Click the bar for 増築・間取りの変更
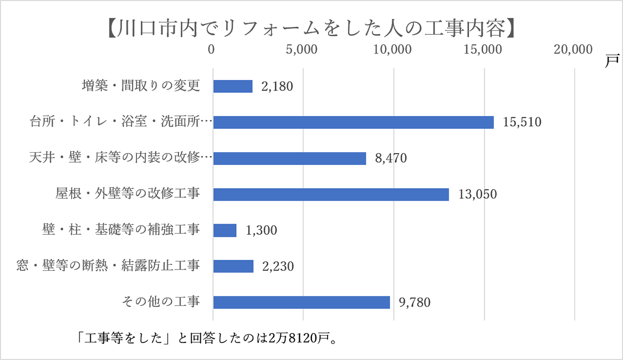coord(233,86)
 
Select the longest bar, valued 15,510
coord(353,122)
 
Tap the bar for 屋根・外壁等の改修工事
coord(331,194)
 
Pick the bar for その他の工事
coord(301,302)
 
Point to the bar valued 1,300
coord(225,230)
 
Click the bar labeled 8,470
coord(290,158)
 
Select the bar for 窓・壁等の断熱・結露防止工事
coord(233,266)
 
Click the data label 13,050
coord(478,194)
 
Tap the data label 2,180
coord(277,86)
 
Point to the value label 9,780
coord(415,302)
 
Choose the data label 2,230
coord(278,266)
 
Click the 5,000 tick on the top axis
coord(302,49)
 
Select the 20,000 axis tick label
coord(573,49)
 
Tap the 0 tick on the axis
coord(212,49)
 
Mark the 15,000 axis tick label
coord(483,49)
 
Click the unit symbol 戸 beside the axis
coord(611,60)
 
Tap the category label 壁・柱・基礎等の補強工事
coord(121,230)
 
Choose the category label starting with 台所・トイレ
coord(120,122)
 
